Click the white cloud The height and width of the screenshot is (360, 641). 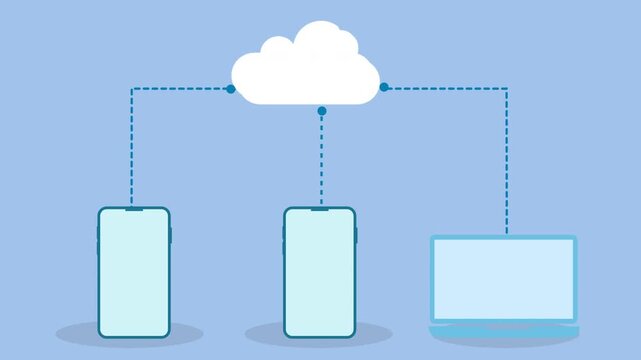pos(305,68)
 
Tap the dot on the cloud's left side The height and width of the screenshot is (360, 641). pos(230,89)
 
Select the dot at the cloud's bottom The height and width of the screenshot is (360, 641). pos(321,110)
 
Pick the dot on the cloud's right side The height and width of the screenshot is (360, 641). pos(384,87)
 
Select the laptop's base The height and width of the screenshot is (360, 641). pos(504,330)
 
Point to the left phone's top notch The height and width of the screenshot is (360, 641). pos(134,209)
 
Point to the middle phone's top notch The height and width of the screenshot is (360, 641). pos(319,209)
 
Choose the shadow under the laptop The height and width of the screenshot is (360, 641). pos(504,341)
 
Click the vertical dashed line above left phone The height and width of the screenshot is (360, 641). pos(132,150)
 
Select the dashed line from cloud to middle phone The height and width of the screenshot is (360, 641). pos(321,160)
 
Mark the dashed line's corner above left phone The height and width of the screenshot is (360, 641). pos(132,89)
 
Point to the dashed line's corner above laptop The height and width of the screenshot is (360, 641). pos(506,88)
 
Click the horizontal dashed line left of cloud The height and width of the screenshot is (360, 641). pos(180,89)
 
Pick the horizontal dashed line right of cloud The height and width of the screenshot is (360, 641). pos(445,88)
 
